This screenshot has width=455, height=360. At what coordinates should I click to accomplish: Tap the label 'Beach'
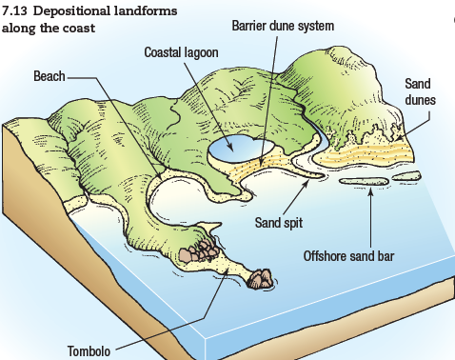coord(49,75)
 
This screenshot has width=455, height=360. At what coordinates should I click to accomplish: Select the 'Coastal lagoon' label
coord(181,50)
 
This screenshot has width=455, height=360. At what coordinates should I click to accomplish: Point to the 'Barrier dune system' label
coord(283,25)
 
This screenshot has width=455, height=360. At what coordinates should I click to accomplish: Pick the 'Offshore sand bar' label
coord(349,255)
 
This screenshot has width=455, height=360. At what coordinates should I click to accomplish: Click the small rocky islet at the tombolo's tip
coord(258,278)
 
